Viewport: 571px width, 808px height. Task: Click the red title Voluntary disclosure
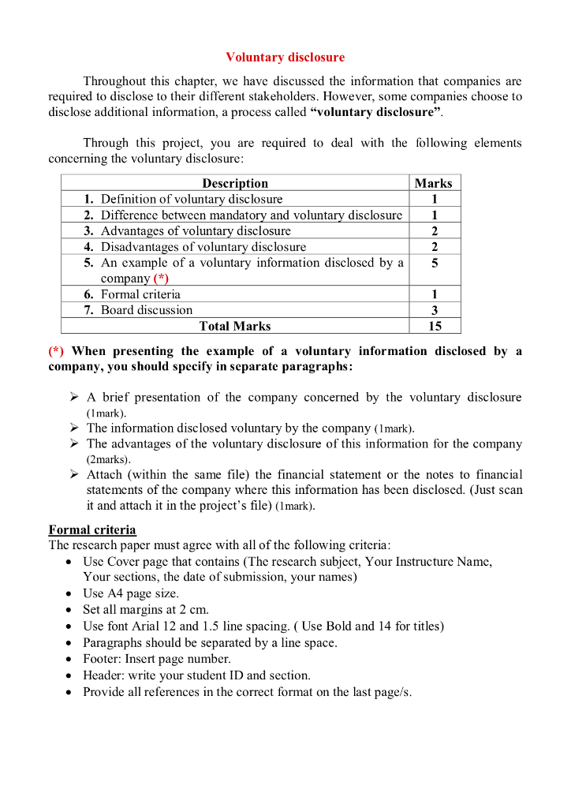[285, 58]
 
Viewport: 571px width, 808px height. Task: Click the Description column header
[235, 183]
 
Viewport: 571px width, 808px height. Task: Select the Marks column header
[433, 183]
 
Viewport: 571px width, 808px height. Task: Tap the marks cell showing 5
[435, 263]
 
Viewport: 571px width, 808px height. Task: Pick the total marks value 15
[435, 326]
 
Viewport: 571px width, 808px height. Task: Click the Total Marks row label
[235, 326]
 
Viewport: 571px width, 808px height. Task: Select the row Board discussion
[146, 310]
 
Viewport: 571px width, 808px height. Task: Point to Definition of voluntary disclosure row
[191, 199]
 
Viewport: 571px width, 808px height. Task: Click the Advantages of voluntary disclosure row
[195, 231]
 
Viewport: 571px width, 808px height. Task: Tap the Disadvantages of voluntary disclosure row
[203, 247]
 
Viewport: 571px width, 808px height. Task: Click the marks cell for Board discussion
[435, 310]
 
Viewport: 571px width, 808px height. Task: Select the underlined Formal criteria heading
[92, 529]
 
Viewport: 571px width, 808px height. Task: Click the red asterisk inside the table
[161, 279]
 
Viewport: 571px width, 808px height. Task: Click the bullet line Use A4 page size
[130, 593]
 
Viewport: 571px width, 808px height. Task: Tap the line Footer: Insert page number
[156, 659]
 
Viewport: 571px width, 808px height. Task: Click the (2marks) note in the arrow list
[109, 459]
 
